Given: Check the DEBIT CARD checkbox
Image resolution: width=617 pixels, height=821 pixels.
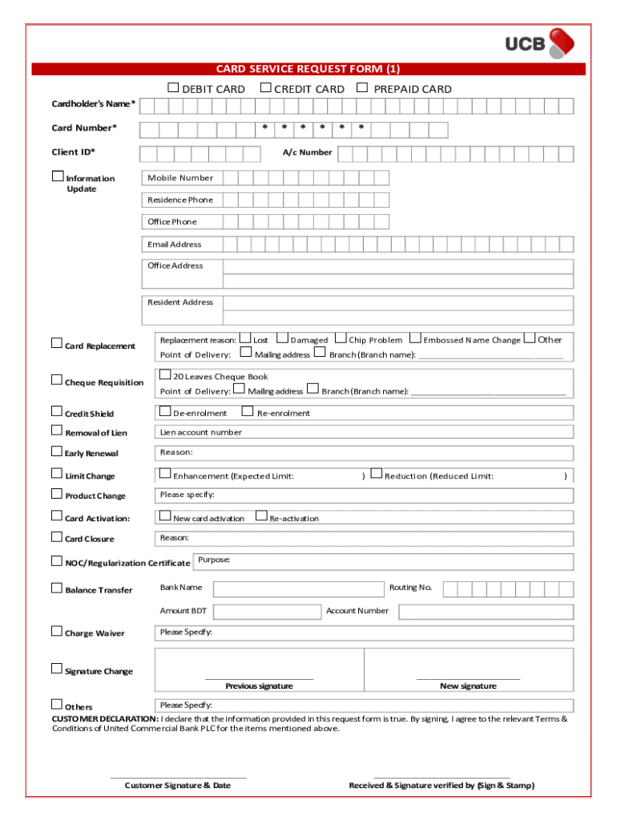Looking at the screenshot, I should [173, 87].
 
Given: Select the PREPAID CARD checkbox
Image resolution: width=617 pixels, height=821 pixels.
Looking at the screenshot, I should [362, 87].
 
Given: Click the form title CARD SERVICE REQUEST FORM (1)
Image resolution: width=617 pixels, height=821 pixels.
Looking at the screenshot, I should [308, 69].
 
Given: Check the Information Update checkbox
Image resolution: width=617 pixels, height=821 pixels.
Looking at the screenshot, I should [57, 176].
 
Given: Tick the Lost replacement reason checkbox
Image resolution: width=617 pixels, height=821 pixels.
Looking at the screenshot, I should [245, 338].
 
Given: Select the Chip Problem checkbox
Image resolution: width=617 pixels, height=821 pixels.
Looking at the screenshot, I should [341, 338].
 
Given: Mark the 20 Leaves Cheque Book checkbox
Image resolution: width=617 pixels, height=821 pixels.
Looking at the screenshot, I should [165, 374].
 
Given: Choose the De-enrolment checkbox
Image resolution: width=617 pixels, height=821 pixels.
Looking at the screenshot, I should [165, 411].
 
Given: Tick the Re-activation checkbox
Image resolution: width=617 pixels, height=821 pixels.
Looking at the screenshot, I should [260, 516].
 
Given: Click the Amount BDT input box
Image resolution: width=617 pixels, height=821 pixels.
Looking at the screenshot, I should [266, 613].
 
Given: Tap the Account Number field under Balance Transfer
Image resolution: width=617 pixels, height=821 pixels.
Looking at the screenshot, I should [486, 613].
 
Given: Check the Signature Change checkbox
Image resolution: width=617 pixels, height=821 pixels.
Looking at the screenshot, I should [57, 669].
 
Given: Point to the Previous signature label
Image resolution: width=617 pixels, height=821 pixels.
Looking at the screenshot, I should [259, 686].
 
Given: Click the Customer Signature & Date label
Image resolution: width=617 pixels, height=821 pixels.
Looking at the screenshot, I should [178, 786].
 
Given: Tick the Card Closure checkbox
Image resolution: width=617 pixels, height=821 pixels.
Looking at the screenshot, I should [57, 537].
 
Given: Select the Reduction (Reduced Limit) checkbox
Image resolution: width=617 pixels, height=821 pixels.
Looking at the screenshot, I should [377, 475].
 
